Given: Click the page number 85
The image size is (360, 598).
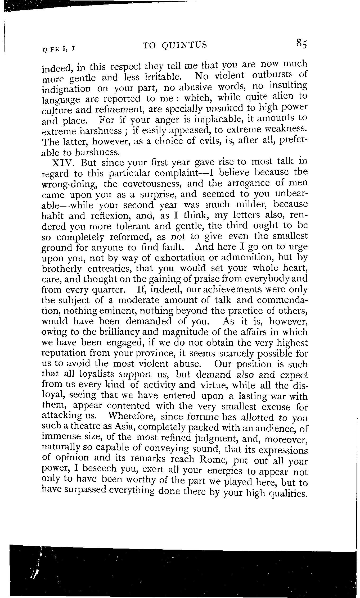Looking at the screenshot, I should point(301,44).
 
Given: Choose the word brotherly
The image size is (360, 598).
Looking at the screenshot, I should point(61,269).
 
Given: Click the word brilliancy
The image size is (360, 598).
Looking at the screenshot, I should point(120,332).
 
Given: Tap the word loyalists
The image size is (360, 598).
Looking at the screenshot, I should point(94,375).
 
